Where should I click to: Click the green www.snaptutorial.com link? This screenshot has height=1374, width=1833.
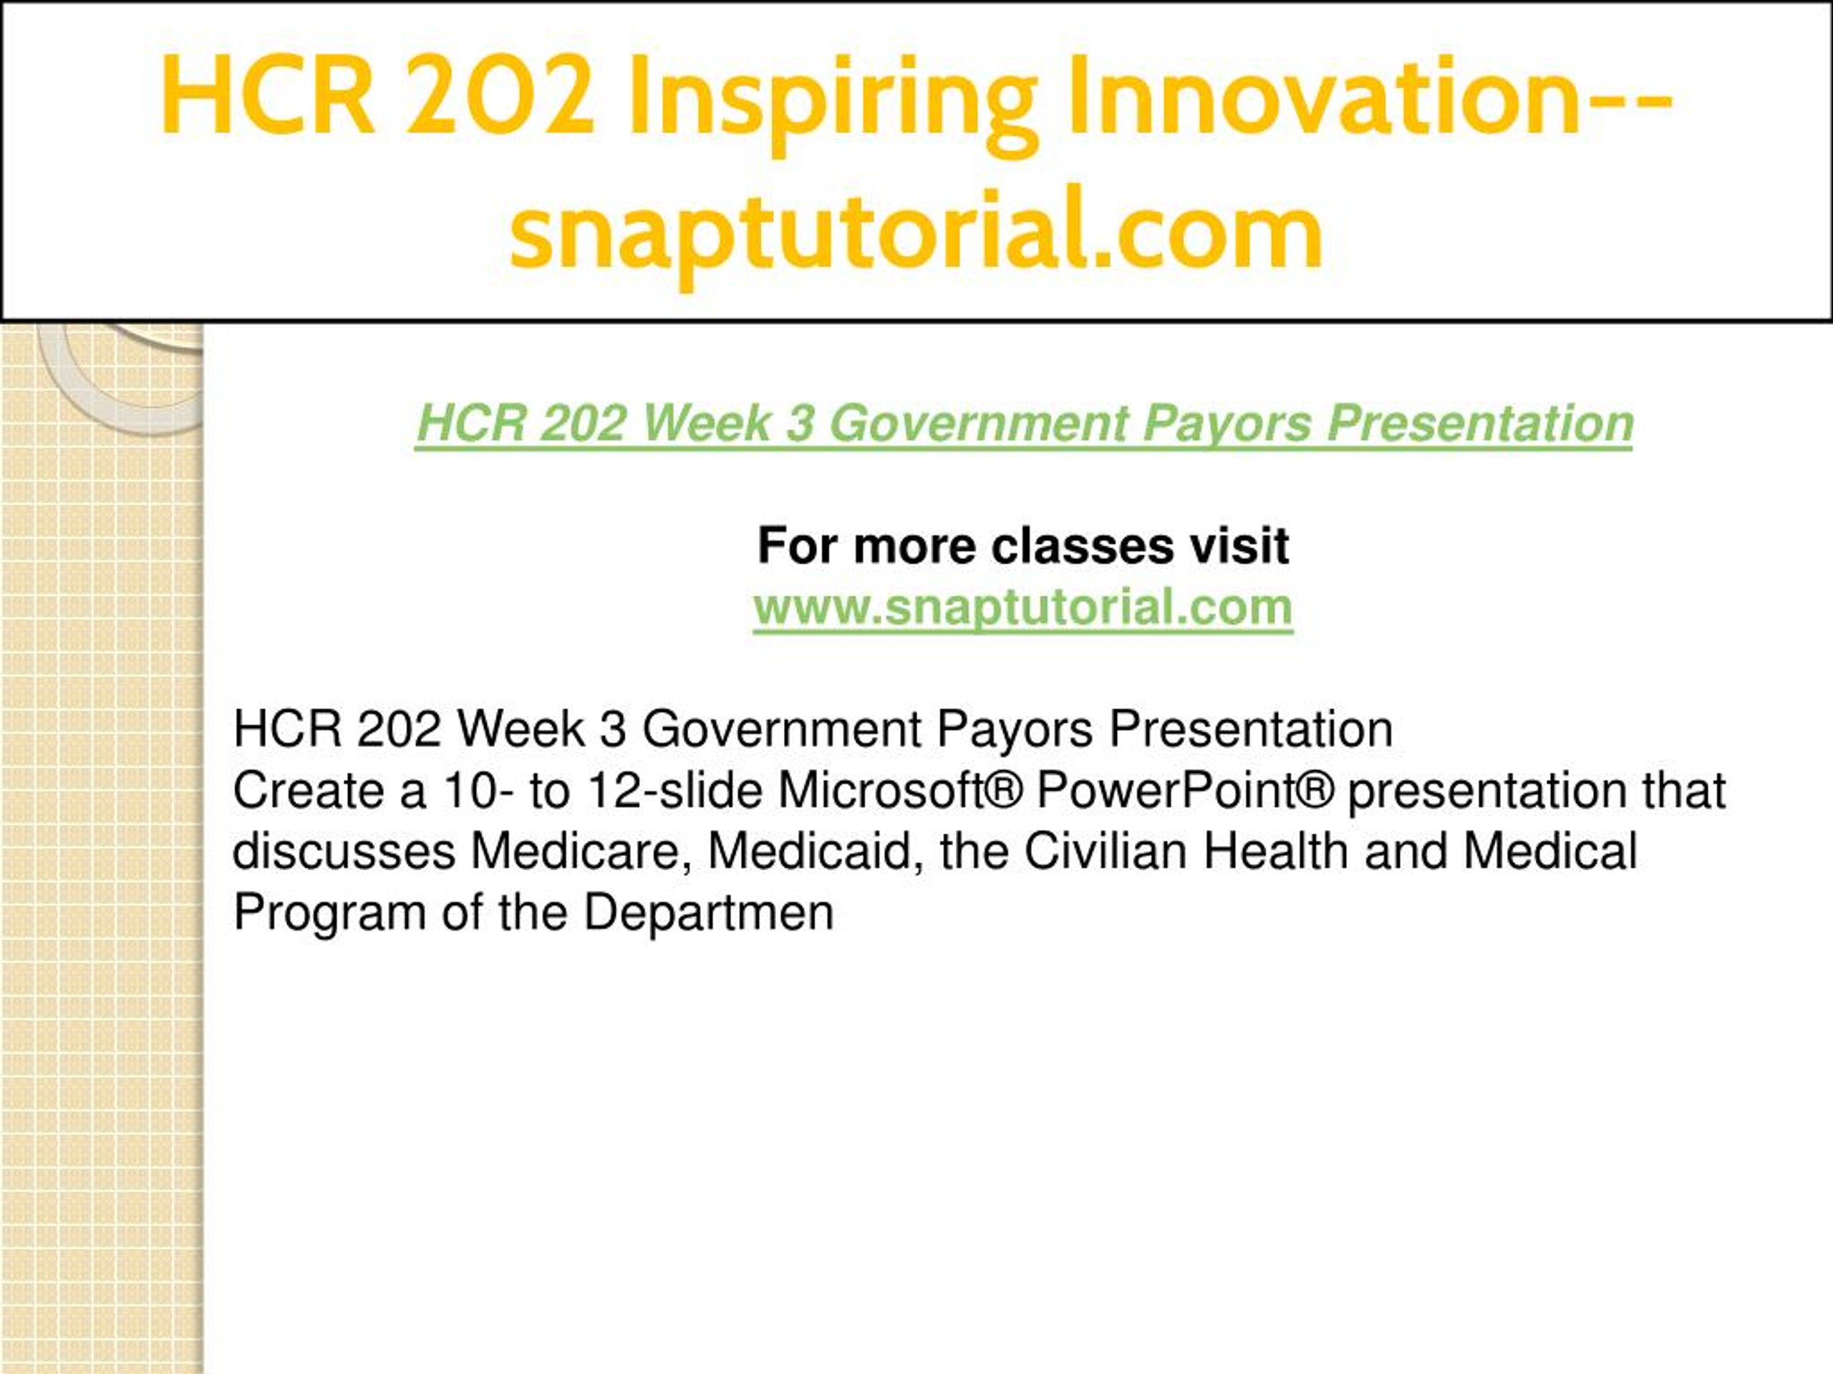[1022, 607]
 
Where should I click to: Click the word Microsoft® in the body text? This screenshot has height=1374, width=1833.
[900, 790]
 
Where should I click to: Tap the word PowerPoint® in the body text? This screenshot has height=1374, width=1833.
[1185, 790]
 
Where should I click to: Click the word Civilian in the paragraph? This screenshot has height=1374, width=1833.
[1106, 851]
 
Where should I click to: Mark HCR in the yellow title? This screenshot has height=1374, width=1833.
[267, 96]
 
